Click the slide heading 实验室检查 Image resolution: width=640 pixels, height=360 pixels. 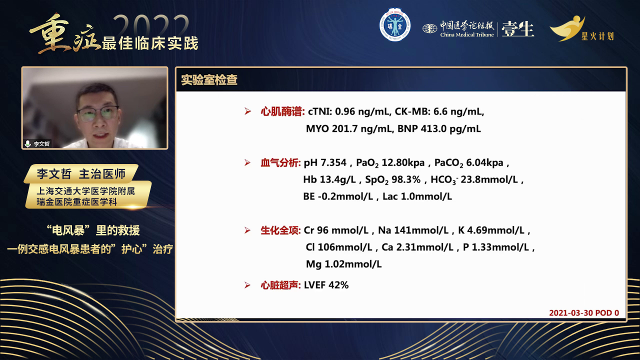(209, 80)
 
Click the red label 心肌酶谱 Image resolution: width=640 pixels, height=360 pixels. (282, 111)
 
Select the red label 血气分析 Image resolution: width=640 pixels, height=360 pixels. (280, 163)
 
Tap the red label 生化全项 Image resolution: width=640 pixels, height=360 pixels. (280, 230)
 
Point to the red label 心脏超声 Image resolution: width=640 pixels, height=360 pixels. (280, 285)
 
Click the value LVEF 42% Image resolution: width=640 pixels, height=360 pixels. (326, 285)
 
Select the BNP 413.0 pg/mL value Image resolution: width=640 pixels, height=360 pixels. (439, 129)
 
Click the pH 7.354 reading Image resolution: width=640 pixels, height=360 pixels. (325, 163)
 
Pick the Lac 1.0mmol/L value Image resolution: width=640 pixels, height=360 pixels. (417, 196)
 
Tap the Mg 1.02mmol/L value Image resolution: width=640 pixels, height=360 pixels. (343, 264)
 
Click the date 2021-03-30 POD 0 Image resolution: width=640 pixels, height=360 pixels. (584, 313)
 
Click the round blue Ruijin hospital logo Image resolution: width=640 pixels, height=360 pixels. (395, 25)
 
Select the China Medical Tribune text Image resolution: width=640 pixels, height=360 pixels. (467, 35)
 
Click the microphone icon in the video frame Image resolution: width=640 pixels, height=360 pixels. (27, 143)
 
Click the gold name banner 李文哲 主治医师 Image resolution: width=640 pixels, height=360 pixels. (81, 173)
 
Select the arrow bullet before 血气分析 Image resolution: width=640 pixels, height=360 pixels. (247, 163)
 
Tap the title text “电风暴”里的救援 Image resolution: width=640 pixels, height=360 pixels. (93, 230)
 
